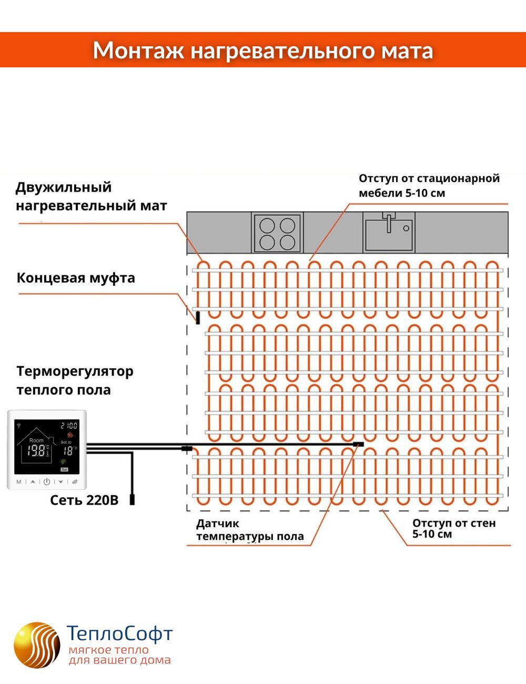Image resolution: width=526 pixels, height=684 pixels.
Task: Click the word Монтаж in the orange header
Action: [138, 51]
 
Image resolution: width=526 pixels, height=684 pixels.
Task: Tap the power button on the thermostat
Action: [47, 481]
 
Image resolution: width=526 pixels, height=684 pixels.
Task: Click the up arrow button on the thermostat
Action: [33, 481]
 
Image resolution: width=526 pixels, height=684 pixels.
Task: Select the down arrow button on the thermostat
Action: [60, 481]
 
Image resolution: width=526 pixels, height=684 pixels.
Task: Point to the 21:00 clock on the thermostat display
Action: [69, 425]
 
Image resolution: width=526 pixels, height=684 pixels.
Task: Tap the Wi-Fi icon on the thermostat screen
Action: [19, 424]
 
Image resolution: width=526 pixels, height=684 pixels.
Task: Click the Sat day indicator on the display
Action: [64, 469]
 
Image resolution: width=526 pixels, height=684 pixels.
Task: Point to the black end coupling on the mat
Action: [198, 317]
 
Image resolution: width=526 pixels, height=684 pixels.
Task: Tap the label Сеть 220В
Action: [84, 500]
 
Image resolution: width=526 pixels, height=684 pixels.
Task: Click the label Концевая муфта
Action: [76, 278]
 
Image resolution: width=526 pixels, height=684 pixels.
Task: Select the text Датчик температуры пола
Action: [249, 530]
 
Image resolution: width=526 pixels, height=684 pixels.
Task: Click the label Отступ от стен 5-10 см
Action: [453, 529]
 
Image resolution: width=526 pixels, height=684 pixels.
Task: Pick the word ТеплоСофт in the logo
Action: [120, 633]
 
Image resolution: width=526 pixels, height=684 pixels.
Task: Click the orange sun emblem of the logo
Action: [37, 645]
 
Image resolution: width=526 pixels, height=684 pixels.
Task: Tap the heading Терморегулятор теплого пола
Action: [75, 380]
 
